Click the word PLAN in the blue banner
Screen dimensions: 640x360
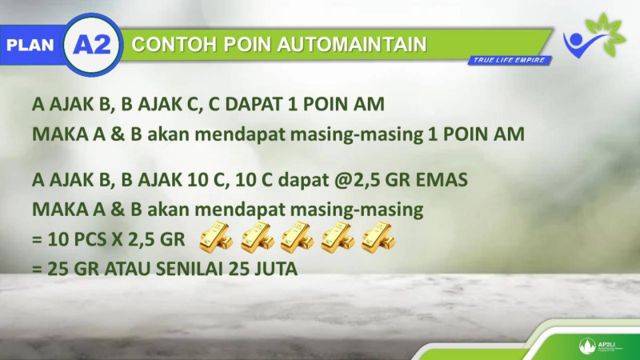pyautogui.click(x=30, y=46)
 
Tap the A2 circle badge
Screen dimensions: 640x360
pyautogui.click(x=92, y=45)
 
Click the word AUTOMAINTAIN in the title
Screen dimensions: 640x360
pyautogui.click(x=352, y=45)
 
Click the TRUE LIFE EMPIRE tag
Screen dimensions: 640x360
pyautogui.click(x=510, y=61)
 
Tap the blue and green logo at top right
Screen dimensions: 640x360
pyautogui.click(x=594, y=36)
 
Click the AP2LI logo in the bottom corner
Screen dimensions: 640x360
pyautogui.click(x=600, y=346)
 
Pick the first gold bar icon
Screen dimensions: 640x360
pyautogui.click(x=216, y=237)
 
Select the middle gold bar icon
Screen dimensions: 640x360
pyautogui.click(x=297, y=237)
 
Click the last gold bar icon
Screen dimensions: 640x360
pyautogui.click(x=378, y=237)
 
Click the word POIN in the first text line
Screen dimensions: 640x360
pyautogui.click(x=326, y=104)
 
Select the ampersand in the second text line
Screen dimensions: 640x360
pyautogui.click(x=118, y=134)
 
